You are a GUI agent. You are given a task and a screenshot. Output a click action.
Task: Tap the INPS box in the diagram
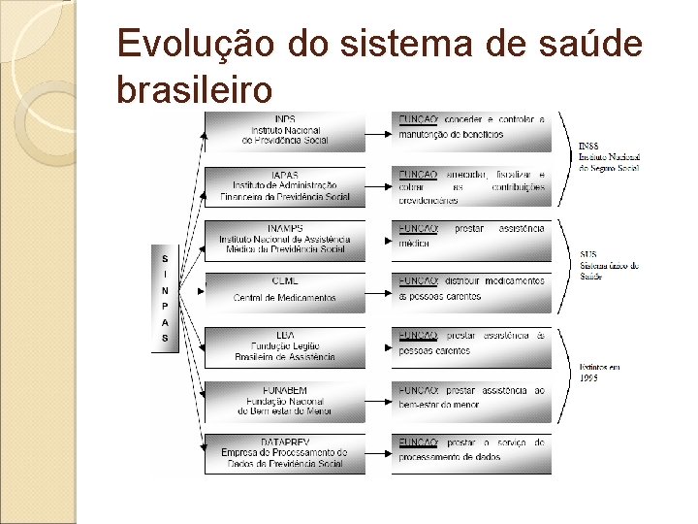[285, 131]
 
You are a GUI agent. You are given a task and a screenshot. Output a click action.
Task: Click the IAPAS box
[285, 185]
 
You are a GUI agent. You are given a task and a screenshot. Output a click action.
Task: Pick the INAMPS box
[285, 239]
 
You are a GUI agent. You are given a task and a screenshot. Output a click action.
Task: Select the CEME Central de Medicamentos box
[285, 289]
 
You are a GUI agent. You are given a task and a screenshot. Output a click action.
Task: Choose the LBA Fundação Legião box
[285, 345]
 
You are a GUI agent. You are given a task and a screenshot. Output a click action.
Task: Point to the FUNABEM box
[285, 399]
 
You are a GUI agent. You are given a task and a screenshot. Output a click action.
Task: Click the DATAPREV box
[285, 452]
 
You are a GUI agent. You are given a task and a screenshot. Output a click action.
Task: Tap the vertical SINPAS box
[165, 298]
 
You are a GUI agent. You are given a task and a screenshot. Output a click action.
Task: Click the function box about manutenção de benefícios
[471, 131]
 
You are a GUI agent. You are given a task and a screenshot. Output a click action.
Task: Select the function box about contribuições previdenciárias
[471, 185]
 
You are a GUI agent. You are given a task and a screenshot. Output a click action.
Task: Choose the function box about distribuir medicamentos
[471, 289]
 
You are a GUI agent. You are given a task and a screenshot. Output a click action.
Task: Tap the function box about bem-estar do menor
[471, 399]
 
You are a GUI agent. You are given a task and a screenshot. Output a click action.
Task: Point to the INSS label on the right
[609, 156]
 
